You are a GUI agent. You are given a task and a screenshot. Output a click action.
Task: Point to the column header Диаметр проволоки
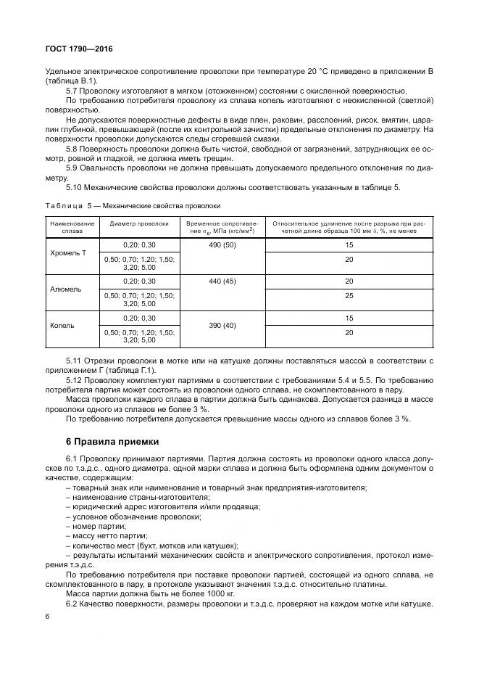(139, 224)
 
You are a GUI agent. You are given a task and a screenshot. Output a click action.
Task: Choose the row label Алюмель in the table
(66, 289)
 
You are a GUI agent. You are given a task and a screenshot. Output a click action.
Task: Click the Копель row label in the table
(62, 324)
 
